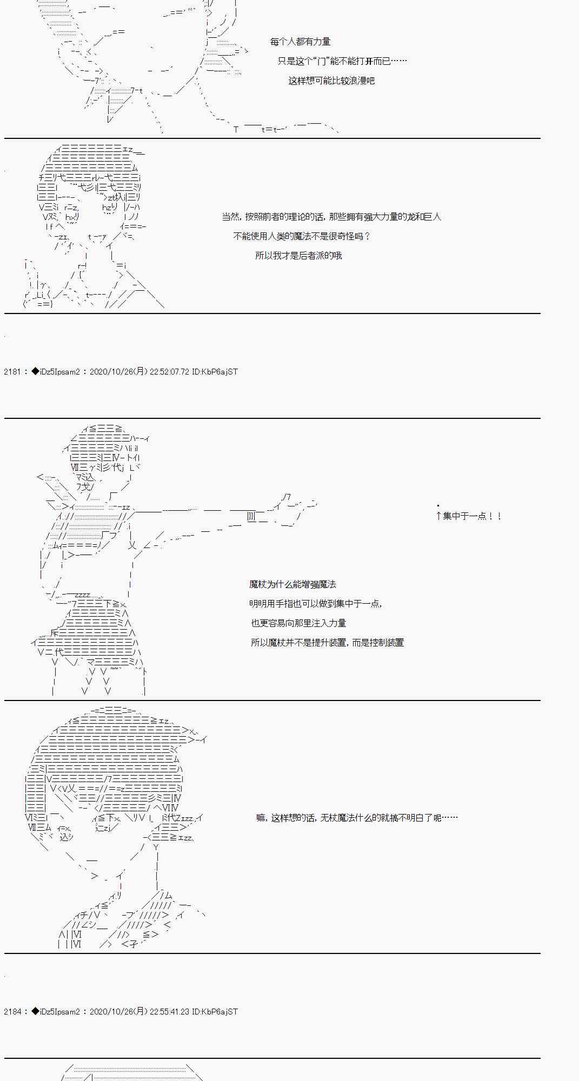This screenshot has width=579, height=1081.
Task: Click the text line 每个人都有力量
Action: click(300, 42)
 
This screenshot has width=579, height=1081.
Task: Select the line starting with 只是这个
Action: click(342, 61)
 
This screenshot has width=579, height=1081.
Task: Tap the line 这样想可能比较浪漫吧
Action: click(331, 81)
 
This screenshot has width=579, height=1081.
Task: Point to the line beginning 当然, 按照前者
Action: click(331, 217)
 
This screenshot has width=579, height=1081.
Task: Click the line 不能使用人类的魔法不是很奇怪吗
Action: click(302, 236)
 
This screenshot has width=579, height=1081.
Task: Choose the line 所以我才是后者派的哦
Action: click(298, 256)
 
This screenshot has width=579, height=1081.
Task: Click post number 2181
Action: click(12, 372)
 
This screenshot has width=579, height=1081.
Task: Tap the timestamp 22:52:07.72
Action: click(168, 372)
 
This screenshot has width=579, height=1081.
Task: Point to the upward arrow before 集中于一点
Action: click(438, 516)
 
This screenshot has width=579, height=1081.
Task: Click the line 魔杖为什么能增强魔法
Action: click(292, 584)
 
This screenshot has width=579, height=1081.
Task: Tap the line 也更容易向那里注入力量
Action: click(298, 623)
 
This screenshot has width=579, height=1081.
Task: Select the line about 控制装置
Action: click(327, 643)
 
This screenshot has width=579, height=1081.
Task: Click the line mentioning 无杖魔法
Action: click(357, 818)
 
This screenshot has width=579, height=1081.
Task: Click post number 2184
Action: click(12, 1012)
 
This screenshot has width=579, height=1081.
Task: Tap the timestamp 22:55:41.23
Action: click(168, 1012)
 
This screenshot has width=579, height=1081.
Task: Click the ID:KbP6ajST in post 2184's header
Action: click(215, 1012)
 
